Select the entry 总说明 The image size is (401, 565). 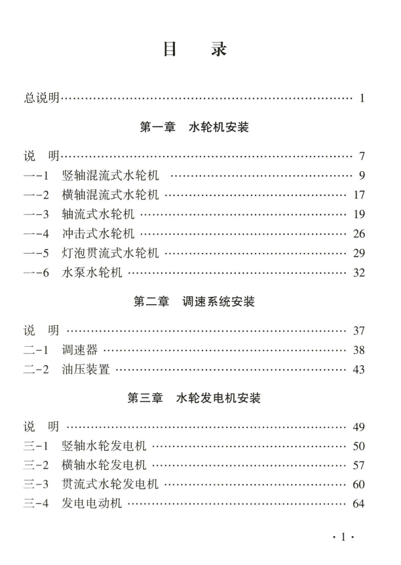coord(39,99)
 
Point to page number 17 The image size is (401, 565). coord(358,195)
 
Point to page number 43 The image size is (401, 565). coord(358,370)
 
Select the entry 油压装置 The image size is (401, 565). coord(86,370)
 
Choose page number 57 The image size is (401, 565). coord(358,466)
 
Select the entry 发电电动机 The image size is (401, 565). coord(92,505)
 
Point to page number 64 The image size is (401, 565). coord(358,505)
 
